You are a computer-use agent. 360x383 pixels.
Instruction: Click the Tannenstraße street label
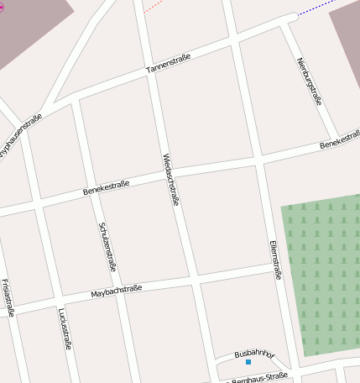pos(169,63)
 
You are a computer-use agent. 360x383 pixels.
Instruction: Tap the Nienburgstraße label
pos(310,81)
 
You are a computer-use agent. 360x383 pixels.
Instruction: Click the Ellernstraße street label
pos(275,259)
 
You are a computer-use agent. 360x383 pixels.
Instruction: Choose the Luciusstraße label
pos(65,328)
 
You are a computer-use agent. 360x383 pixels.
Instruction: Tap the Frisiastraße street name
pos(8,298)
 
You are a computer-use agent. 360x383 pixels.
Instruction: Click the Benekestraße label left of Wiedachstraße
pos(106,189)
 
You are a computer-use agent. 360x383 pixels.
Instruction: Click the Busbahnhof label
pos(254,354)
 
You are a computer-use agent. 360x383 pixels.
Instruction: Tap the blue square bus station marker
pos(248,362)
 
